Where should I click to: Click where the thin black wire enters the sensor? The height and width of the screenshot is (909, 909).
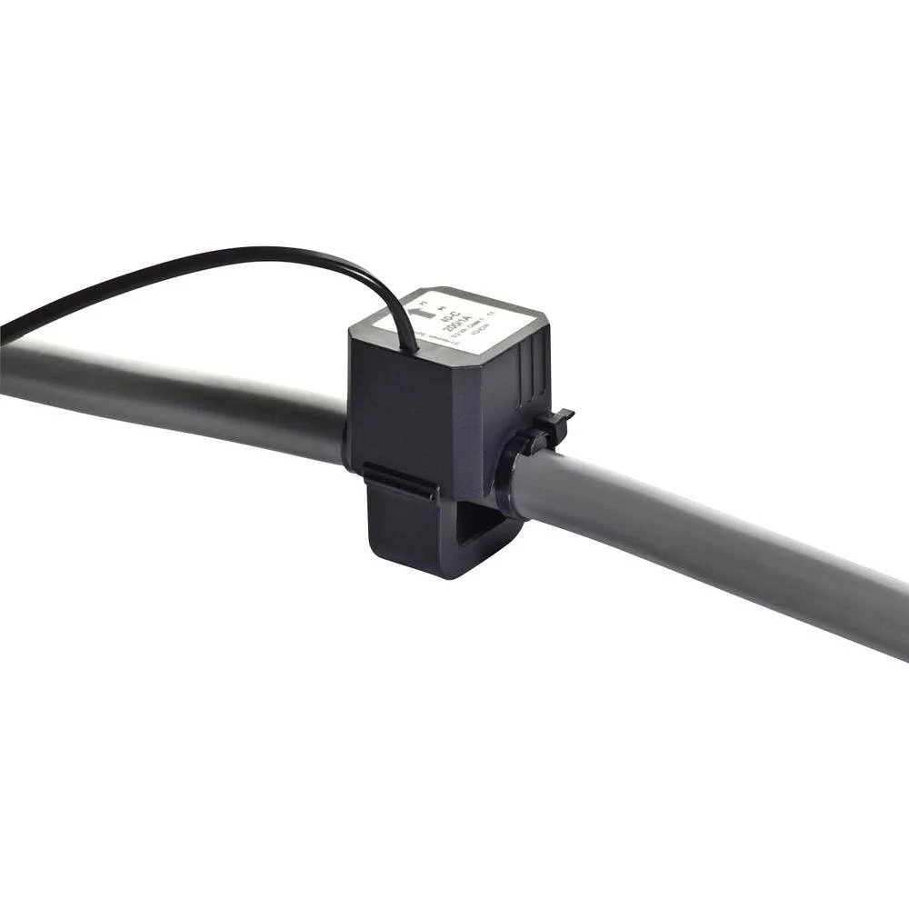pyautogui.click(x=414, y=345)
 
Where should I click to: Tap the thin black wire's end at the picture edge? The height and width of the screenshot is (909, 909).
pyautogui.click(x=4, y=327)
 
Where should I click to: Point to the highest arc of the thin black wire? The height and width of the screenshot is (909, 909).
pyautogui.click(x=264, y=252)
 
